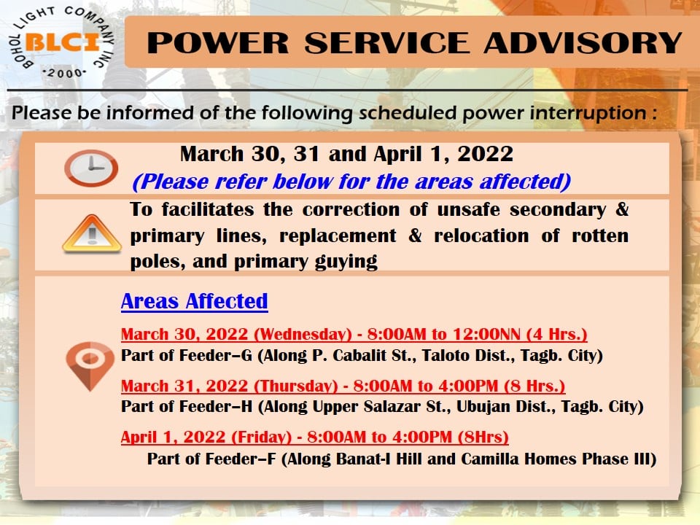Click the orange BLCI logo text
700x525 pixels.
[x=63, y=42]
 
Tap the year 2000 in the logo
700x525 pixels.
[x=64, y=73]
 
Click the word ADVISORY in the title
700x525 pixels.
[x=583, y=43]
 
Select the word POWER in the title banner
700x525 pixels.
[x=218, y=43]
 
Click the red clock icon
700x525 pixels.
[x=91, y=168]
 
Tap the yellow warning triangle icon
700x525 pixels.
[x=92, y=234]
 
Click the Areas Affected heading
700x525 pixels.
[x=194, y=301]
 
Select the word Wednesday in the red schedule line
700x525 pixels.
[x=303, y=335]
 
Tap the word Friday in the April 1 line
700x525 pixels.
[x=261, y=437]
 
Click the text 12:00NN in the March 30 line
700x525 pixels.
[x=486, y=335]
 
